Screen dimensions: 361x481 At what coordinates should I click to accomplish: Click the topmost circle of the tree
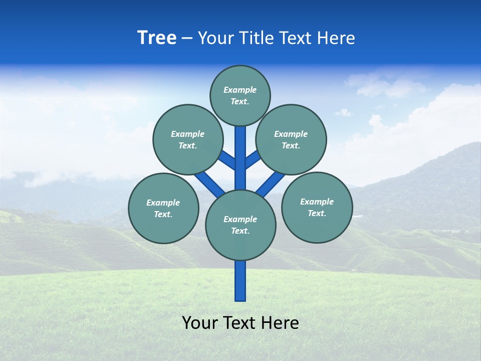(240, 95)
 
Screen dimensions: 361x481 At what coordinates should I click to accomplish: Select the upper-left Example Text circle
(188, 139)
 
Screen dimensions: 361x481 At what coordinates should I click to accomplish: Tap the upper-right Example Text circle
(291, 139)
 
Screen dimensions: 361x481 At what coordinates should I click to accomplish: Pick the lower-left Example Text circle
(163, 208)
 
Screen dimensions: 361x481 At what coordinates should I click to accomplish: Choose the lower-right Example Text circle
(317, 207)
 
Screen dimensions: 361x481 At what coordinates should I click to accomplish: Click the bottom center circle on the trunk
(241, 225)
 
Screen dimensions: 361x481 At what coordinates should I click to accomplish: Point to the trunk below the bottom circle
(241, 281)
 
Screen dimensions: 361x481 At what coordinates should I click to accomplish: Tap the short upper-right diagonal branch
(253, 159)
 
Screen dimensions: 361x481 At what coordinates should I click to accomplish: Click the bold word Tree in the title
(157, 38)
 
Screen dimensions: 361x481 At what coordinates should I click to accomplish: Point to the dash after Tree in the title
(187, 38)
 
